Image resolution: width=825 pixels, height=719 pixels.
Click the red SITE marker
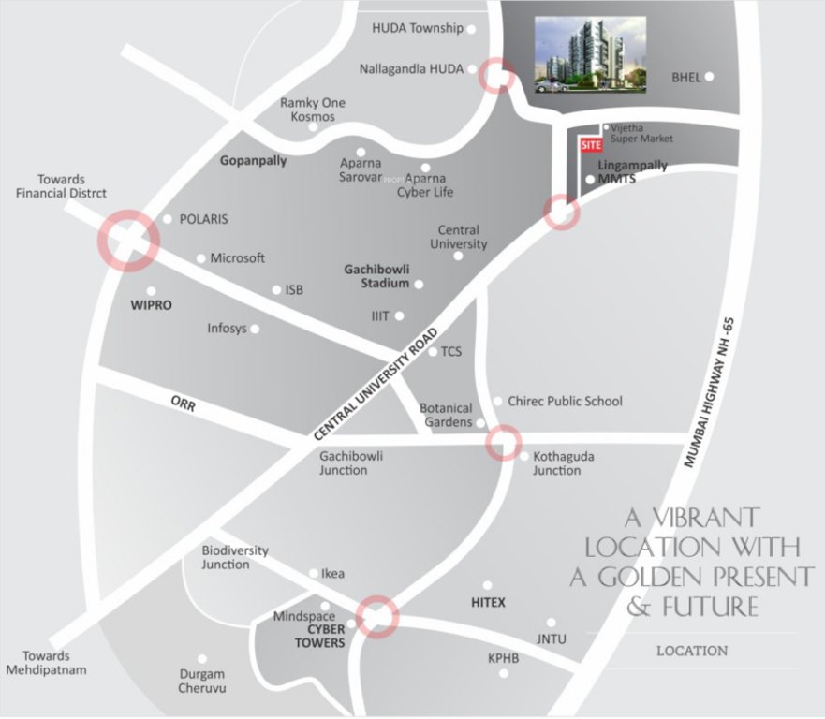pyautogui.click(x=590, y=145)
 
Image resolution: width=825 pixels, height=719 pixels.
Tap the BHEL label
pyautogui.click(x=686, y=77)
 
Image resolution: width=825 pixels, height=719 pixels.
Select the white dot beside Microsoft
pyautogui.click(x=201, y=258)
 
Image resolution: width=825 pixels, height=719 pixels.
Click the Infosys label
pyautogui.click(x=228, y=329)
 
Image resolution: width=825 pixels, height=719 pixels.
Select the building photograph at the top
pyautogui.click(x=592, y=55)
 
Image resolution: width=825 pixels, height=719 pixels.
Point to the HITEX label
pyautogui.click(x=488, y=603)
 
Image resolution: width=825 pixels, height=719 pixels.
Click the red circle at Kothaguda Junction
pyautogui.click(x=504, y=442)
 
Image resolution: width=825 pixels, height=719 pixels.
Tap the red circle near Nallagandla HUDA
pyautogui.click(x=496, y=76)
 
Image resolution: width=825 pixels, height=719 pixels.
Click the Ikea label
pyautogui.click(x=332, y=574)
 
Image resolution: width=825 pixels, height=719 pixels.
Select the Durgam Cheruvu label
pyautogui.click(x=202, y=681)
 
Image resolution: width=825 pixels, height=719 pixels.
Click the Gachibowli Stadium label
pyautogui.click(x=377, y=275)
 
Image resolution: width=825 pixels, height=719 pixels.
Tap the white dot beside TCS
pyautogui.click(x=433, y=352)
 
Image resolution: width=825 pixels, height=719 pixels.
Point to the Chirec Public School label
pyautogui.click(x=565, y=401)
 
